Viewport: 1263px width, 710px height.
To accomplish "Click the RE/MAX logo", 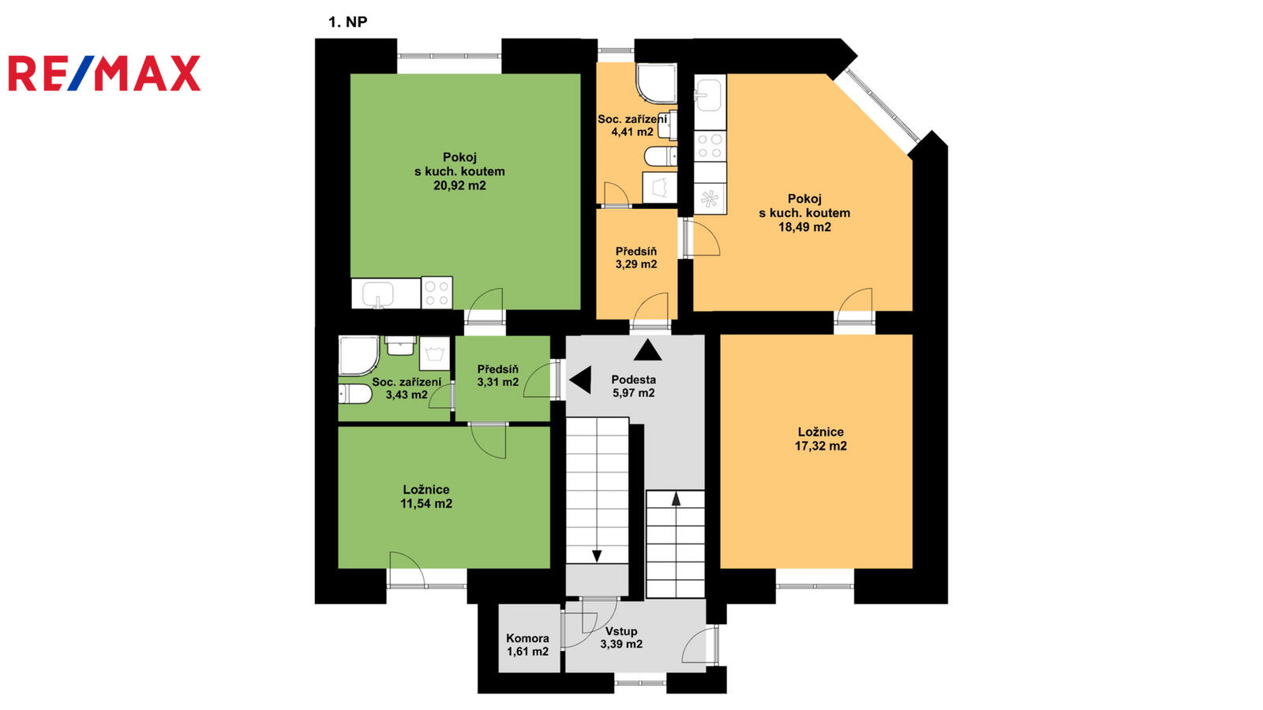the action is pos(104,73).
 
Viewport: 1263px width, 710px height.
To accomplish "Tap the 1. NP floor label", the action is pos(348,22).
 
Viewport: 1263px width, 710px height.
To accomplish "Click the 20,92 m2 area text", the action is pos(459,185).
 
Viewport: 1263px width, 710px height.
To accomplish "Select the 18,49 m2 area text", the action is pos(804,227).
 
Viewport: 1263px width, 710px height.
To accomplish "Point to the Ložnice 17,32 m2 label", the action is pos(821,439).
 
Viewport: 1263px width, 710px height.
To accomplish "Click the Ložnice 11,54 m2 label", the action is pos(426,496).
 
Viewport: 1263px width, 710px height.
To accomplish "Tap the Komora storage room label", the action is pos(527,645).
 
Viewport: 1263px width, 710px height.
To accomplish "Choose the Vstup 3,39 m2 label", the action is pos(621,637).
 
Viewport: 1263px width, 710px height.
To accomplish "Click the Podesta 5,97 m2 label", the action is pos(634,386).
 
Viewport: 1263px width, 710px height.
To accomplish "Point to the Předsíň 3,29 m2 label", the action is pos(636,257).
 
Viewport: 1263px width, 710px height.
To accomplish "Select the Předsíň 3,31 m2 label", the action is pos(498,376).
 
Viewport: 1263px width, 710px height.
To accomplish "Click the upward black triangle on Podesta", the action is pos(648,350).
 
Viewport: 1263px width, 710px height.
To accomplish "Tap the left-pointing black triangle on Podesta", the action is pos(580,379).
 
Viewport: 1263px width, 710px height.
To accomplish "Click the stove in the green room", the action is pos(437,293).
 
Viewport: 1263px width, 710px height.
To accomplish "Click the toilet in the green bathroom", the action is pos(355,394).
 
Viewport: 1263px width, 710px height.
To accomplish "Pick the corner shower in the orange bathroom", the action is pos(656,84).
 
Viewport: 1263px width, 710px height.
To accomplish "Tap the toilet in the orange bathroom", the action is pos(660,156).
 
